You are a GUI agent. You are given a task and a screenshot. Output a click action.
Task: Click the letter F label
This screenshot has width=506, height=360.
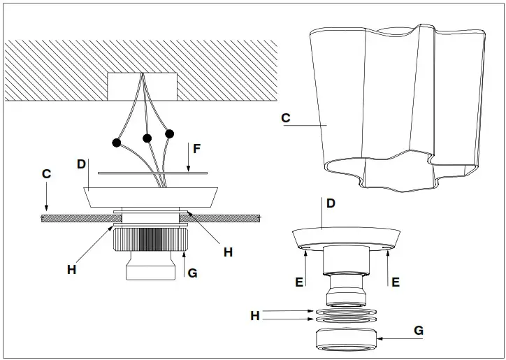(x=197, y=148)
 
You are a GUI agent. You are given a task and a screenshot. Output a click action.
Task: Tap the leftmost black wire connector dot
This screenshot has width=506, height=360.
(x=116, y=143)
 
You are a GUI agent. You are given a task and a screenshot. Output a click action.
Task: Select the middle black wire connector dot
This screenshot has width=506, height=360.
(x=147, y=138)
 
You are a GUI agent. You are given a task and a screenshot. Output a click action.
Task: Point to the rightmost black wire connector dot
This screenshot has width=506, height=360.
(x=169, y=133)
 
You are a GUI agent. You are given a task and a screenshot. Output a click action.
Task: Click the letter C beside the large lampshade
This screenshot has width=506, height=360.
(x=286, y=118)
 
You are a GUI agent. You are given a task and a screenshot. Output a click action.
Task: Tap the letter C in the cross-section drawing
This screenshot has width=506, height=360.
(x=46, y=174)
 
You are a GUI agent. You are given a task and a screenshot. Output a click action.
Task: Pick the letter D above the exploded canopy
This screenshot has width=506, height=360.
(x=331, y=203)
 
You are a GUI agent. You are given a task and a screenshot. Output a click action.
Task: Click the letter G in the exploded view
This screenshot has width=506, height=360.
(x=419, y=329)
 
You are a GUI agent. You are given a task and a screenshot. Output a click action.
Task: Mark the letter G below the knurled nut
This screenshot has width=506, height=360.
(x=192, y=273)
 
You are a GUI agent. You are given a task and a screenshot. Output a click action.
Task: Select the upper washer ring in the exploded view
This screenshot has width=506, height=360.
(x=347, y=310)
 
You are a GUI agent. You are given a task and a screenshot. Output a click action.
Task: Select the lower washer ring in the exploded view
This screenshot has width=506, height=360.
(x=347, y=319)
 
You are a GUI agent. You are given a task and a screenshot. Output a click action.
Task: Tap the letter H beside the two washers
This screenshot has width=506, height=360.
(x=256, y=316)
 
